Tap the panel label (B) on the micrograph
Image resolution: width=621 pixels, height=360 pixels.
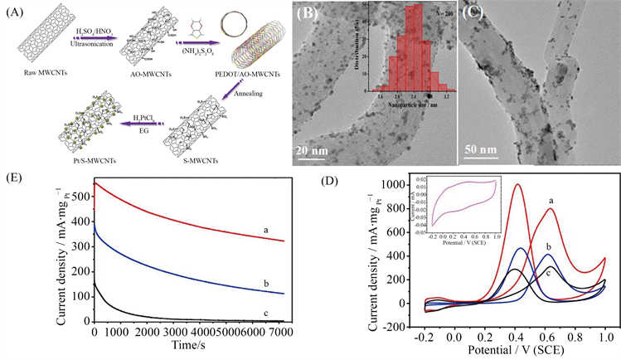click(x=315, y=15)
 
